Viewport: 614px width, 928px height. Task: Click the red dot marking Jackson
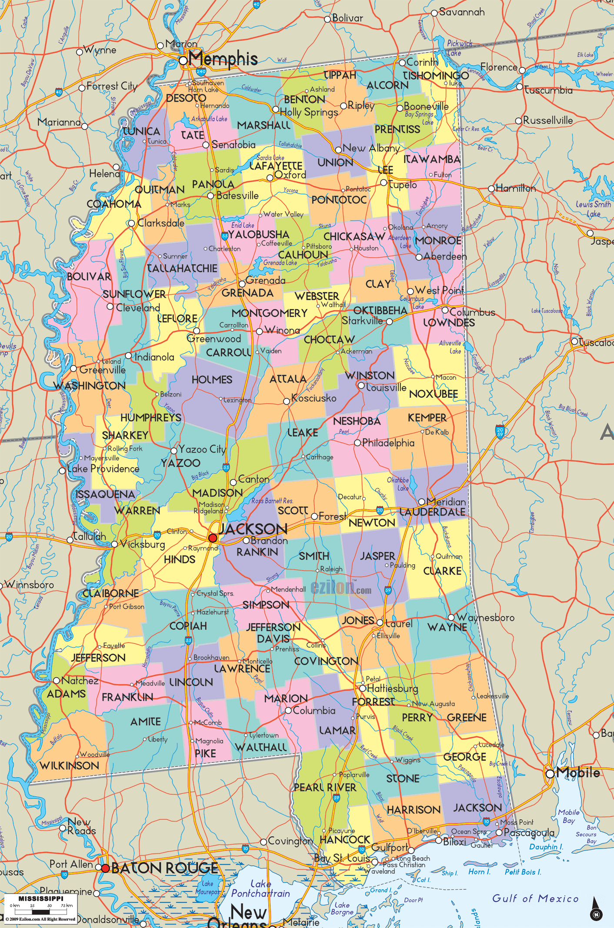pyautogui.click(x=213, y=538)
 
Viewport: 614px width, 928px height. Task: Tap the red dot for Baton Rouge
pyautogui.click(x=105, y=868)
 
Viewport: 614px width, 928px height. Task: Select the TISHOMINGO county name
pyautogui.click(x=435, y=76)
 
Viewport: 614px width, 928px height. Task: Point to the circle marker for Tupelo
pyautogui.click(x=384, y=183)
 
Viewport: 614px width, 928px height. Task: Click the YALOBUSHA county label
pyautogui.click(x=259, y=235)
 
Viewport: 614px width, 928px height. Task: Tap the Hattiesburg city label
pyautogui.click(x=393, y=689)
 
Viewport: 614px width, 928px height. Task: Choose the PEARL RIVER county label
pyautogui.click(x=325, y=787)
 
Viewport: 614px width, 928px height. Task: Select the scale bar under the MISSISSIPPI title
pyautogui.click(x=41, y=911)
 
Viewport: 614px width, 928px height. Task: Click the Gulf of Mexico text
pyautogui.click(x=535, y=898)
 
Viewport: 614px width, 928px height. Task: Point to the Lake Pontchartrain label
pyautogui.click(x=260, y=888)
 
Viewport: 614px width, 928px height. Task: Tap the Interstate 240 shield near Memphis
pyautogui.click(x=201, y=72)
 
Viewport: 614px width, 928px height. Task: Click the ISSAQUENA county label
pyautogui.click(x=105, y=495)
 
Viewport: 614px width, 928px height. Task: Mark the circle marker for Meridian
pyautogui.click(x=421, y=502)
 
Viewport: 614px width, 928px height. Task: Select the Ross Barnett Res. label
pyautogui.click(x=272, y=501)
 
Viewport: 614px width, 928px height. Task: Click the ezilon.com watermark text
pyautogui.click(x=341, y=588)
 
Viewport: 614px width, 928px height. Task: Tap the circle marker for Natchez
pyautogui.click(x=57, y=680)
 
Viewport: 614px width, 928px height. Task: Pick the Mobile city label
pyautogui.click(x=578, y=773)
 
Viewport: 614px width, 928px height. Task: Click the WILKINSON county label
pyautogui.click(x=69, y=765)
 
